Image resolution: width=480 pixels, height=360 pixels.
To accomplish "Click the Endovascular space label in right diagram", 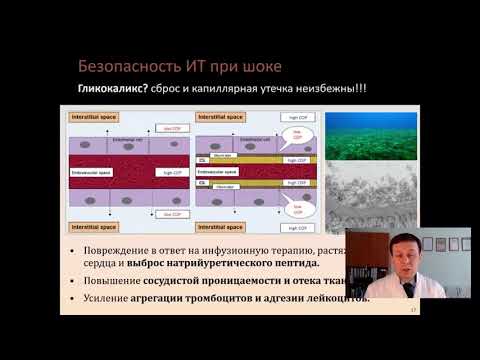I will [x=221, y=172].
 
